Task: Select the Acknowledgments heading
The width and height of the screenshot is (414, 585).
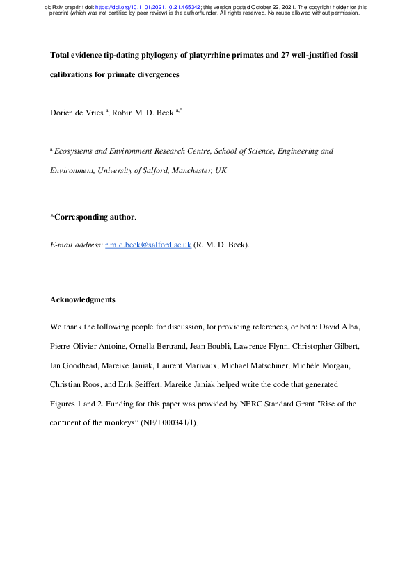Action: click(82, 299)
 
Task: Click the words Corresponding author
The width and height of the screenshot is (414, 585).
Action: click(94, 217)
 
